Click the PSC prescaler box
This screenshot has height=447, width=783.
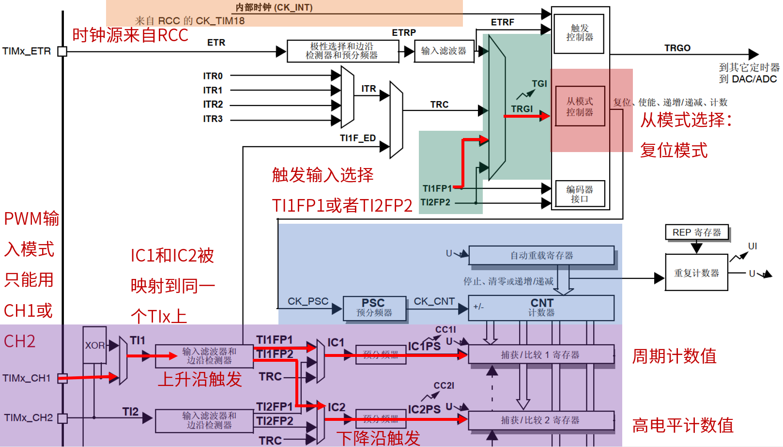(374, 308)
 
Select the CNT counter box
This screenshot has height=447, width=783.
(541, 308)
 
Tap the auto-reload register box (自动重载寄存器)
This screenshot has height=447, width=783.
(541, 255)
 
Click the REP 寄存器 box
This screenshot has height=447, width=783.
(696, 232)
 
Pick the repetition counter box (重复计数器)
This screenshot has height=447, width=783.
(696, 273)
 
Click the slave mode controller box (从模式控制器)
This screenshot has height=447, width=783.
(580, 107)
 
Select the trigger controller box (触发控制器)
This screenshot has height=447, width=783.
(579, 33)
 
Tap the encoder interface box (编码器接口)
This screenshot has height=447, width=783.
(579, 194)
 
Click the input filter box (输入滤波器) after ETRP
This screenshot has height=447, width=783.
(444, 51)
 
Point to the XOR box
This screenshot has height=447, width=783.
(94, 345)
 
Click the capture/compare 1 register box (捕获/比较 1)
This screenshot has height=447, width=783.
(541, 355)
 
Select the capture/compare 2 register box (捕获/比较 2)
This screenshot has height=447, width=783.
(541, 420)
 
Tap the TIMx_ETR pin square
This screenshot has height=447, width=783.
(62, 51)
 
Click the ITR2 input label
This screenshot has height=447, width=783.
(213, 105)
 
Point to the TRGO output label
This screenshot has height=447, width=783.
(677, 48)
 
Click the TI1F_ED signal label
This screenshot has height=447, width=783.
(357, 138)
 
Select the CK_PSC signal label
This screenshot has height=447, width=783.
(308, 301)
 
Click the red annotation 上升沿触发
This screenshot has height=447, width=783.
(200, 379)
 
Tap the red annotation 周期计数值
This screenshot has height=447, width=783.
(674, 356)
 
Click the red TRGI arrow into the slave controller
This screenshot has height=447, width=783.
(526, 116)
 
